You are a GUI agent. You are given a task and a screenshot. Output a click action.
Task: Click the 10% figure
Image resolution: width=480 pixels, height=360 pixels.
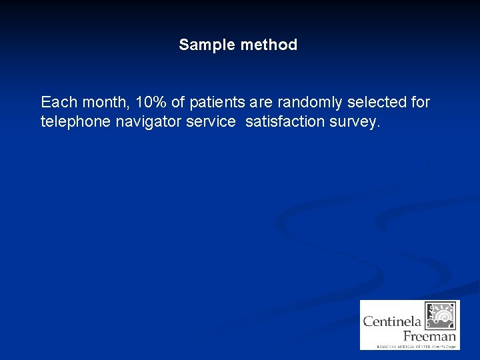(151, 103)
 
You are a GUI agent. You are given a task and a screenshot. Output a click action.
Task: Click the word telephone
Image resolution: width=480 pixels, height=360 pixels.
(72, 122)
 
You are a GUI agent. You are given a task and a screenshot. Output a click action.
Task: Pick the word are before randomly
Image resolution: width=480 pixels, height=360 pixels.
(261, 103)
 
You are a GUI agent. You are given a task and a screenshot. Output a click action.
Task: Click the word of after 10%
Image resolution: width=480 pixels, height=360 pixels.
(178, 103)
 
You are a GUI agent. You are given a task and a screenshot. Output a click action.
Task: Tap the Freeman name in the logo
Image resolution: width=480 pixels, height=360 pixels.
(429, 335)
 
